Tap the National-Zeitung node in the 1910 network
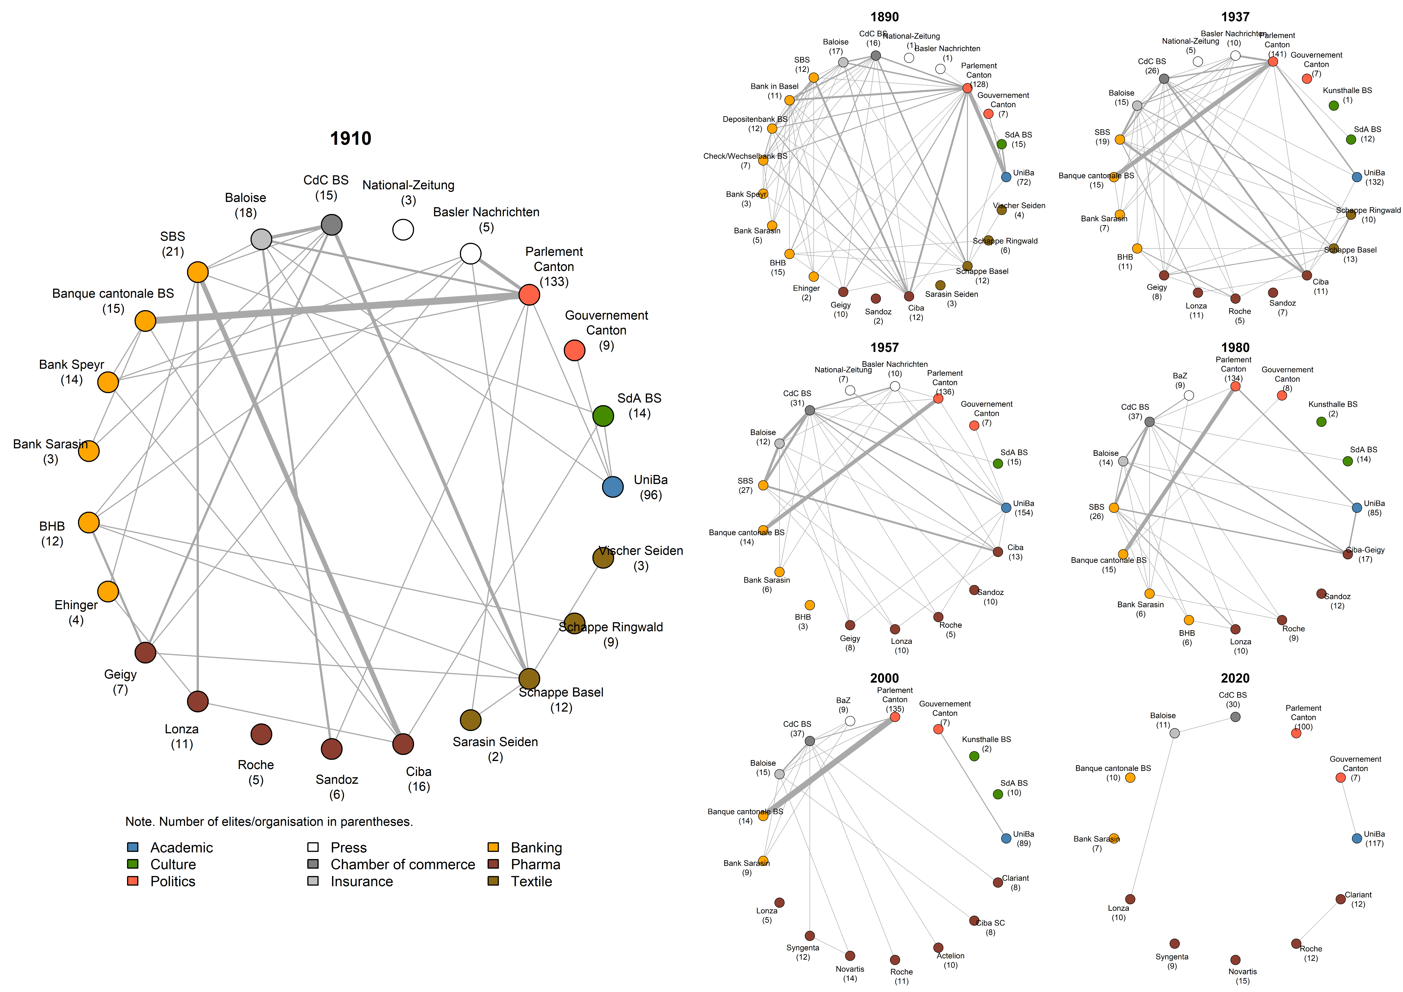point(403,230)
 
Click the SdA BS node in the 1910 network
point(603,416)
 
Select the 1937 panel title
point(1235,17)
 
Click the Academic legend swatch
point(133,847)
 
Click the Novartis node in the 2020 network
point(1235,960)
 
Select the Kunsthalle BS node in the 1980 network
point(1321,422)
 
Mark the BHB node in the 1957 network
point(810,605)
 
